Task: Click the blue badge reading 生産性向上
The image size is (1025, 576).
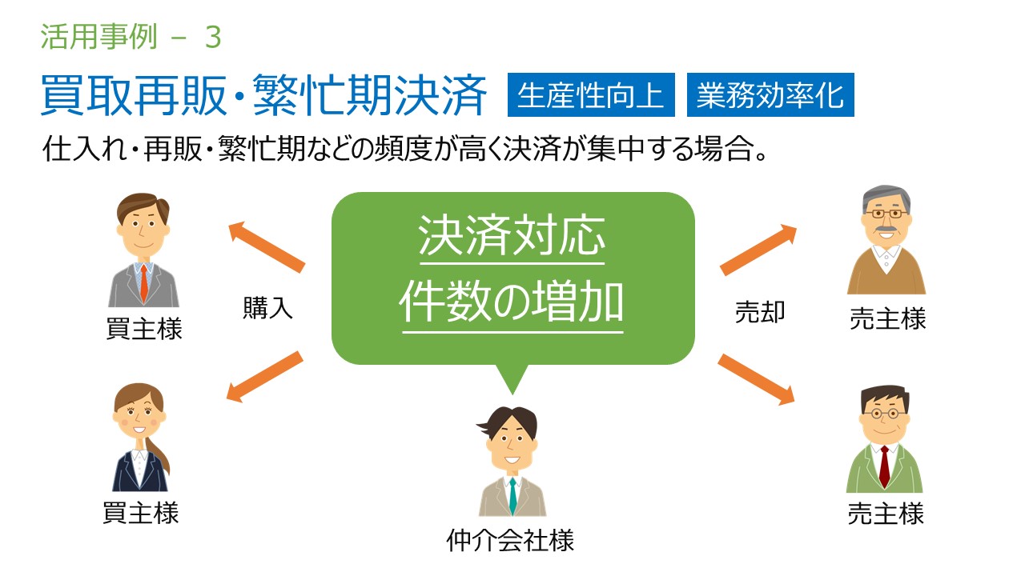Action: click(x=591, y=94)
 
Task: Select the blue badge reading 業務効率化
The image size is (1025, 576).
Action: click(x=770, y=94)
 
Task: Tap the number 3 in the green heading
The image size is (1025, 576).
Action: click(x=213, y=37)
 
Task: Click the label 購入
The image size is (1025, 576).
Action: click(x=267, y=307)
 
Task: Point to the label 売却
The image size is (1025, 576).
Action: click(x=760, y=312)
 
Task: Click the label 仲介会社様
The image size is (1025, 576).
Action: click(x=510, y=540)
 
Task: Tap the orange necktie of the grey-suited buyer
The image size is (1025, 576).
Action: click(x=144, y=283)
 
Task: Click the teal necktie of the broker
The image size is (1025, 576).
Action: click(x=513, y=496)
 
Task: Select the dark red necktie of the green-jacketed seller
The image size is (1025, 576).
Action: click(x=885, y=466)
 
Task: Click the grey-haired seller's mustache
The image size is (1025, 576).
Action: click(x=886, y=228)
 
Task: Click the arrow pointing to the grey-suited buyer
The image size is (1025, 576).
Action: click(x=267, y=246)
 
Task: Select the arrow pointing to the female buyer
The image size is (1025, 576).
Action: click(x=265, y=377)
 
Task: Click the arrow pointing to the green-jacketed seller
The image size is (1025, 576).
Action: click(x=757, y=379)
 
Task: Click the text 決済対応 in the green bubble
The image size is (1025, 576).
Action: click(x=512, y=236)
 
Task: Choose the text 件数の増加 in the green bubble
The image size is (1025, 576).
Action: click(x=512, y=302)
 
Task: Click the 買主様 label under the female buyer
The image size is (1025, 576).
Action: click(x=140, y=513)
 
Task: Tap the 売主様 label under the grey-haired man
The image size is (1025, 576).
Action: click(x=888, y=318)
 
